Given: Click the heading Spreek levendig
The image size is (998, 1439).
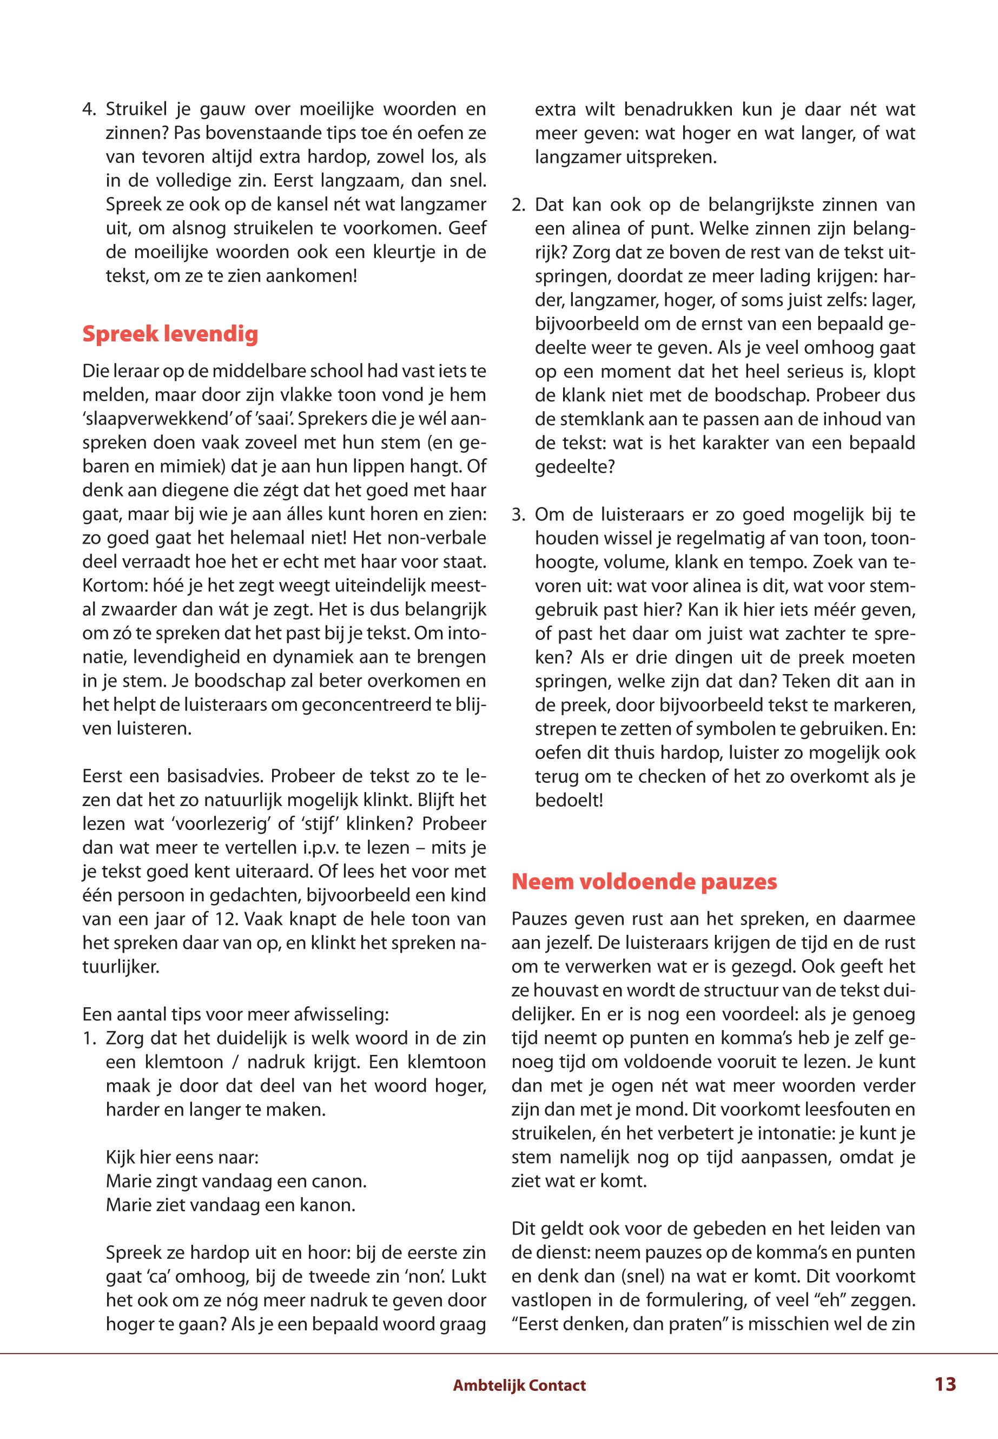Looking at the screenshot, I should click(x=170, y=334).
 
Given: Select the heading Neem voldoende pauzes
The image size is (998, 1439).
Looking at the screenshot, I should click(x=644, y=882).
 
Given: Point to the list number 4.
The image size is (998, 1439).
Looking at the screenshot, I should click(x=90, y=110).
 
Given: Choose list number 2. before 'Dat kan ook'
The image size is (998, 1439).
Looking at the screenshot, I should click(x=520, y=205).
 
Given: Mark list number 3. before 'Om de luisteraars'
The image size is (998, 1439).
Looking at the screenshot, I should click(x=520, y=516).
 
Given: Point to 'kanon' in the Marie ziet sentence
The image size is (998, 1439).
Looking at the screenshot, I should click(x=329, y=1206).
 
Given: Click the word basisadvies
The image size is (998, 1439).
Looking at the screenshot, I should click(x=206, y=777).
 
